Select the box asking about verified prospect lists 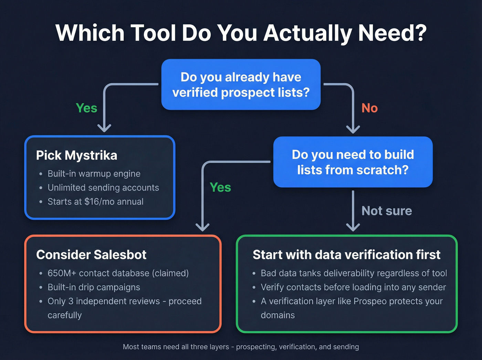241,85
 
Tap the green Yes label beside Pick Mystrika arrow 86,108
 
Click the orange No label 369,108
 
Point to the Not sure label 387,211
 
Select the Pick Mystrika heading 76,155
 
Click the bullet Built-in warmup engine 94,174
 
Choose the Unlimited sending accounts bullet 103,188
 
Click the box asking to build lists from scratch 353,162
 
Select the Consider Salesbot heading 91,255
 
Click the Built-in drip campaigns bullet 94,287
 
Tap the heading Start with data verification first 346,255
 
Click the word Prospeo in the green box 370,301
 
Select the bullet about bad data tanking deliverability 354,273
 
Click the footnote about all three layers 241,347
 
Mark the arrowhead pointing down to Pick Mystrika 104,128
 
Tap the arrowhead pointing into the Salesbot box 202,227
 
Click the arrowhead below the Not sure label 353,227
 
